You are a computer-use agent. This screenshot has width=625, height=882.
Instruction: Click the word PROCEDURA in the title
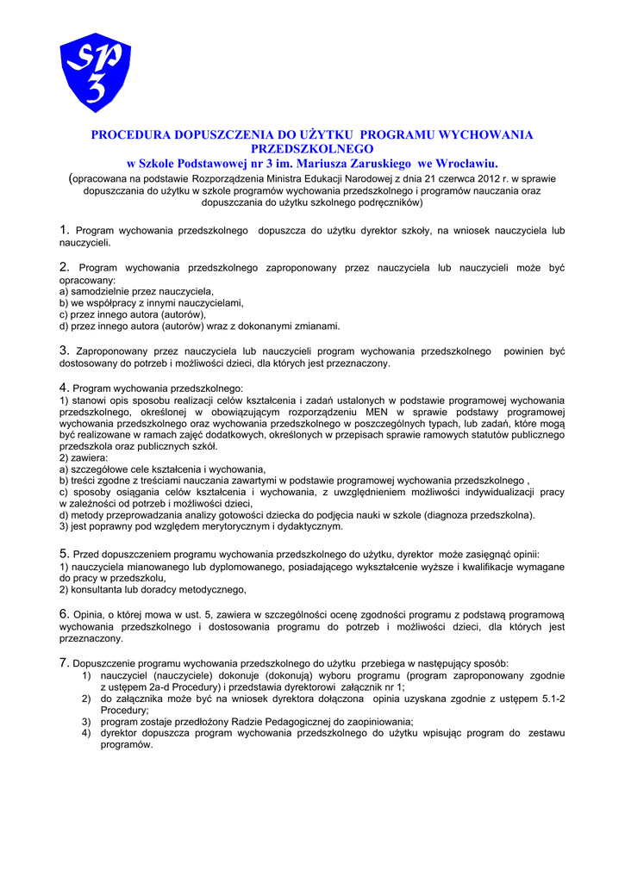click(130, 135)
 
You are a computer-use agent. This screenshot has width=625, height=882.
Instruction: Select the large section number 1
click(64, 230)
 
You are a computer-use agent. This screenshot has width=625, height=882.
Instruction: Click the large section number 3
click(64, 351)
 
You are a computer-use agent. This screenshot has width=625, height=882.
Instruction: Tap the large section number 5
click(64, 553)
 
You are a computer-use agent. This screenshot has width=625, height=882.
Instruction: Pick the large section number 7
click(64, 662)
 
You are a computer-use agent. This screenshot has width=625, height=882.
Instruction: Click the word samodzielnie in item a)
click(99, 292)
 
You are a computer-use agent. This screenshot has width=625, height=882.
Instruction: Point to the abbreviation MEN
click(378, 412)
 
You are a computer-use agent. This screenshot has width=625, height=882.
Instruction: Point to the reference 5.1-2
click(547, 699)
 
